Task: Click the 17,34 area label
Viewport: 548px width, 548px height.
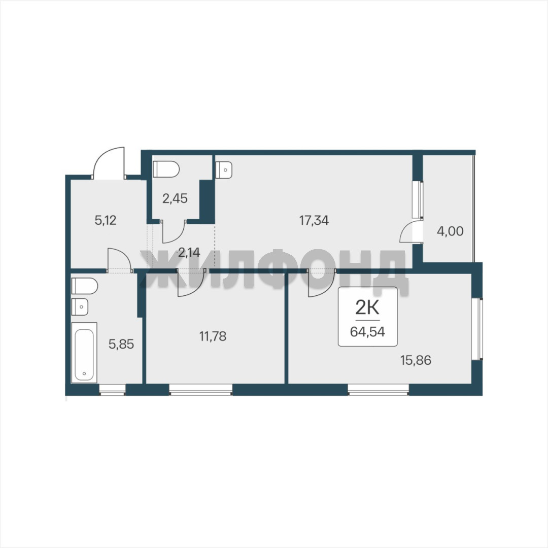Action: (314, 221)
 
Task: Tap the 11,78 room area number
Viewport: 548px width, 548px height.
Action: (213, 336)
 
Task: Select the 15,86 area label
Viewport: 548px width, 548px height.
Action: (416, 360)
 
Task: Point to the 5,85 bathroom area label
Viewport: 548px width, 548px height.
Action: (121, 344)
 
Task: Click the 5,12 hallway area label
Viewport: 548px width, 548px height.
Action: (106, 220)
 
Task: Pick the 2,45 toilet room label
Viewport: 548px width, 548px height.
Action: (175, 198)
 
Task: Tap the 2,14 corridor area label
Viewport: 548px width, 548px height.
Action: (189, 252)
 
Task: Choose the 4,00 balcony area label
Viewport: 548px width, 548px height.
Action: (450, 231)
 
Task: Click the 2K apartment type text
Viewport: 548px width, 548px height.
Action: (367, 309)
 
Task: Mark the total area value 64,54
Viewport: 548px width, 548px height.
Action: (367, 331)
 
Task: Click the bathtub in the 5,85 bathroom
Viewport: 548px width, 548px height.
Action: (84, 352)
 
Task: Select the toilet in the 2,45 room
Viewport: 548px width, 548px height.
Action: (166, 169)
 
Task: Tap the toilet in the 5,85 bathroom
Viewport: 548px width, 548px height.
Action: (85, 286)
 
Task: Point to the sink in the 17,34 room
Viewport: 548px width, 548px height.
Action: (224, 170)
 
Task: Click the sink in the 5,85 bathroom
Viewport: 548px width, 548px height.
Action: (80, 307)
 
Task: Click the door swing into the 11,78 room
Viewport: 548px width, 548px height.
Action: (191, 283)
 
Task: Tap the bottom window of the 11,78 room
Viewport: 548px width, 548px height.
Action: (201, 389)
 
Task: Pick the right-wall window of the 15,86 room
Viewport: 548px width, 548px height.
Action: (477, 329)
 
